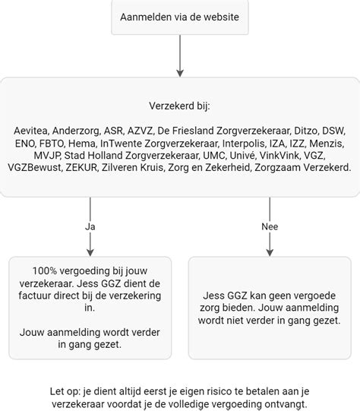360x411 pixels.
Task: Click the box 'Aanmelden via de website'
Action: (x=179, y=17)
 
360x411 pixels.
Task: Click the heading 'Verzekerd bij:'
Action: (x=179, y=106)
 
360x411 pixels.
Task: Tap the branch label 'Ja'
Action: (x=90, y=226)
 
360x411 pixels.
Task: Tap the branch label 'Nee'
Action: (x=270, y=226)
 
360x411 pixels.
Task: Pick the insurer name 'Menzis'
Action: (x=328, y=143)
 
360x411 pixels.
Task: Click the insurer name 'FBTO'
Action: (x=52, y=143)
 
